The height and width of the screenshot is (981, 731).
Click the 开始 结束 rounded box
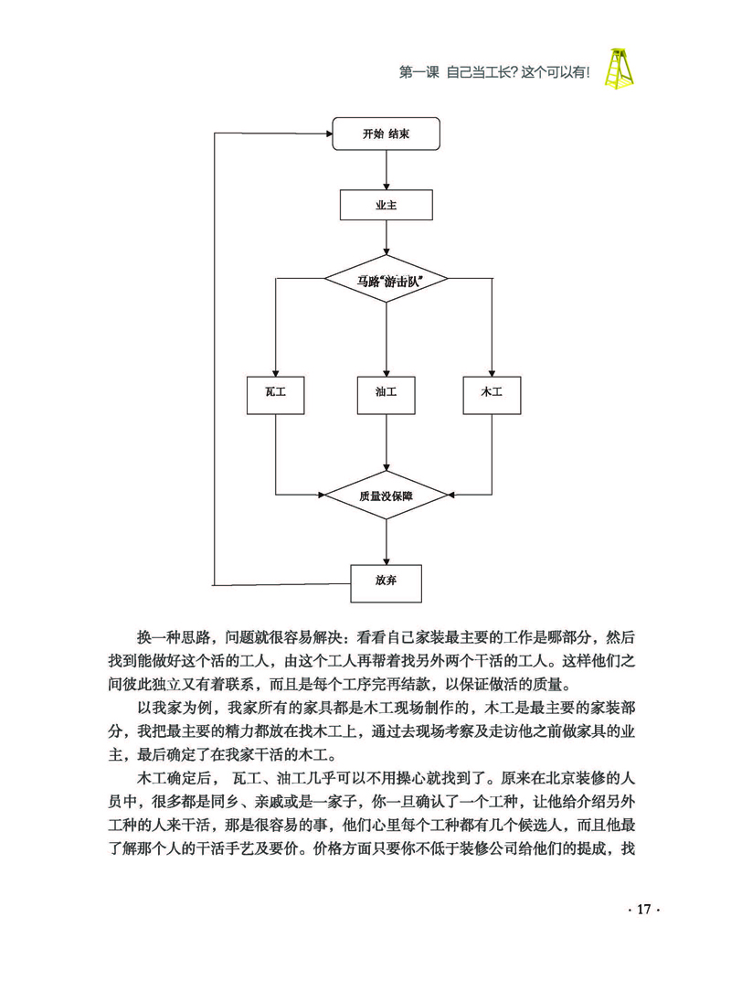tap(386, 134)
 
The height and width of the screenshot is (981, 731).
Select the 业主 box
tap(386, 206)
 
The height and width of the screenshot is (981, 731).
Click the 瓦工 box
tap(276, 392)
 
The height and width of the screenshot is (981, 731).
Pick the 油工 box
tap(386, 392)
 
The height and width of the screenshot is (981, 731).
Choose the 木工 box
tap(492, 392)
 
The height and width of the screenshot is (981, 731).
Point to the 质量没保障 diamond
tap(386, 495)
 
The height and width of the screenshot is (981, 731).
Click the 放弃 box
tap(386, 581)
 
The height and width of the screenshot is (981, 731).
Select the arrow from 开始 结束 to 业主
tap(386, 170)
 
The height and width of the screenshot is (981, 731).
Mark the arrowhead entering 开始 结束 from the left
tap(326, 134)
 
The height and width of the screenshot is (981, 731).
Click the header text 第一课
tap(421, 70)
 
